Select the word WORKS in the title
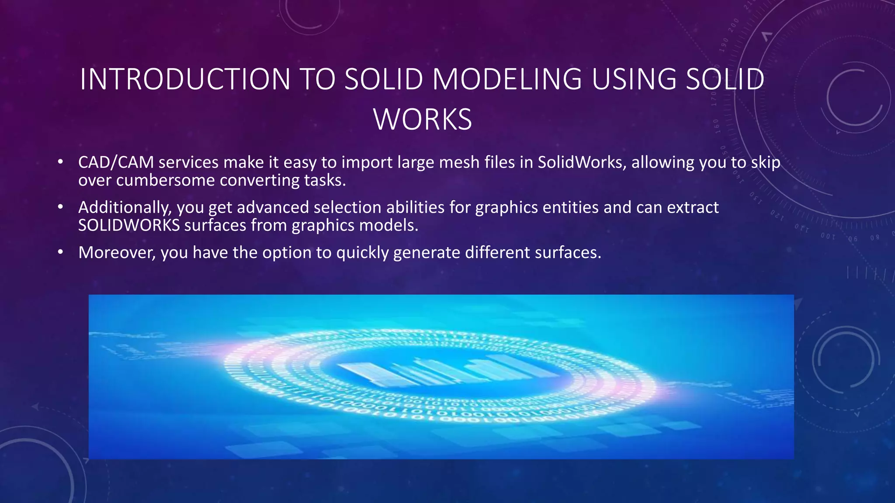[423, 119]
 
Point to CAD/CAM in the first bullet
[116, 162]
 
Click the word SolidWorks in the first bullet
[580, 162]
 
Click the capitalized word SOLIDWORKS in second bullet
[129, 225]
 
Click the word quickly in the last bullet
[362, 253]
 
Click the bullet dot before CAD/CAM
[60, 162]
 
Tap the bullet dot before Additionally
[60, 207]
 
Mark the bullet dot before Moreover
[60, 252]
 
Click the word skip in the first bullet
[766, 162]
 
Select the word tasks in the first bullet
[325, 180]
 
